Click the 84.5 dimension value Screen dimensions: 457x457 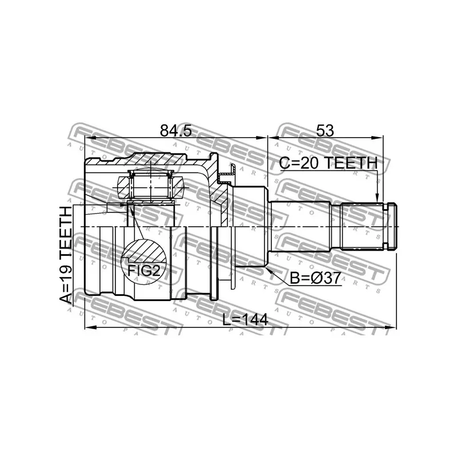tap(175, 131)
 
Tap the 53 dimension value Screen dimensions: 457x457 tap(324, 131)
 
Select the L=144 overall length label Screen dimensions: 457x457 tap(245, 320)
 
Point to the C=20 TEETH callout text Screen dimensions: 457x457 tap(328, 163)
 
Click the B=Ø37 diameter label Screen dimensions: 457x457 tap(315, 278)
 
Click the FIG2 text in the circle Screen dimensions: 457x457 tap(144, 270)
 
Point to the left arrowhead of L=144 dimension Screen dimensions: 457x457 tap(89, 327)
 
